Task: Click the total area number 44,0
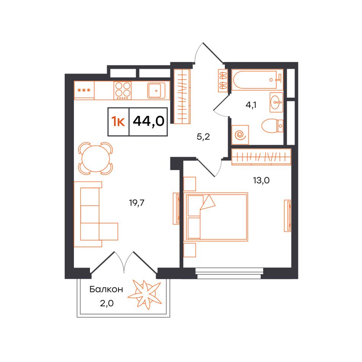(x=149, y=121)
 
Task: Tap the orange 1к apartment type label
(x=118, y=122)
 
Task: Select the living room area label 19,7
(x=137, y=203)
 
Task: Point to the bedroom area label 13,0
(x=261, y=180)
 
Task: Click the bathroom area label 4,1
(x=251, y=105)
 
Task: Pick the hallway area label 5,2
(x=203, y=137)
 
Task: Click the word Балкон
(x=106, y=289)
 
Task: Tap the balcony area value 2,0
(x=107, y=303)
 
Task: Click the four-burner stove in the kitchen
(x=122, y=90)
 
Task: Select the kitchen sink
(x=156, y=91)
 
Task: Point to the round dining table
(x=96, y=159)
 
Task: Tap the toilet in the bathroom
(x=272, y=126)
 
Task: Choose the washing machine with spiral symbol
(x=240, y=135)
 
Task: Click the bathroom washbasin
(x=276, y=102)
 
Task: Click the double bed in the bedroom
(x=217, y=217)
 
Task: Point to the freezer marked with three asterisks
(x=84, y=90)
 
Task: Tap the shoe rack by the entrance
(x=223, y=80)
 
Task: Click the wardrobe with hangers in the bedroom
(x=261, y=157)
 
